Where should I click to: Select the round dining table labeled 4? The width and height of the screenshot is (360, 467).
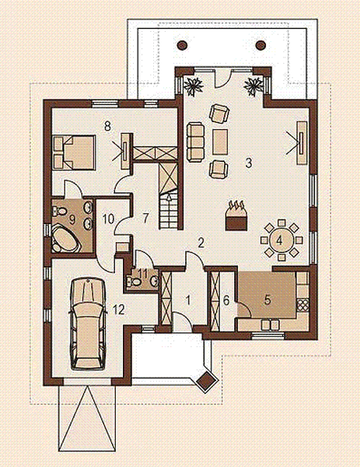pos(280,239)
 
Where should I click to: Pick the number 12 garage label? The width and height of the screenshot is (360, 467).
pos(118,309)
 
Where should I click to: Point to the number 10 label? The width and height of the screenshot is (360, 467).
pos(109,219)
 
